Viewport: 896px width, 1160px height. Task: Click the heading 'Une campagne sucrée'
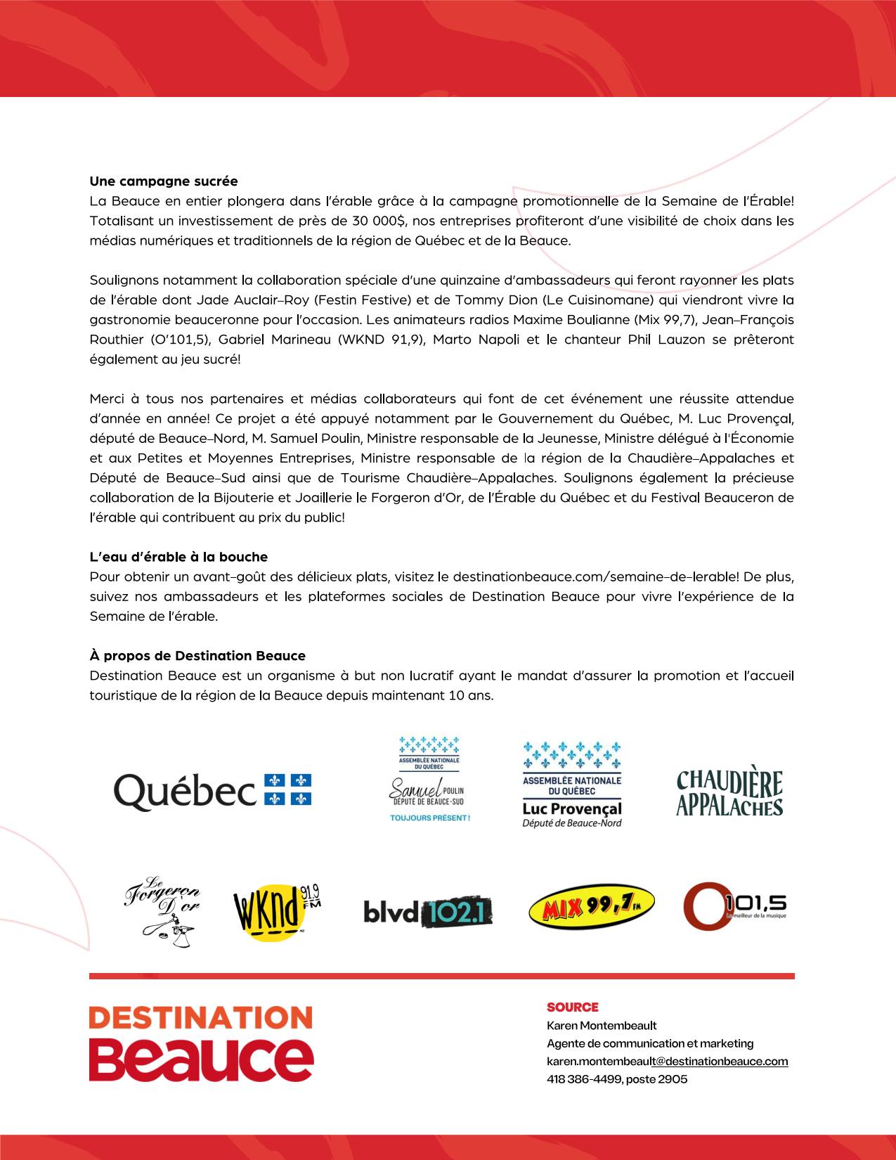[163, 181]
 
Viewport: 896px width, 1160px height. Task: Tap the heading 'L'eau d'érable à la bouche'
[178, 557]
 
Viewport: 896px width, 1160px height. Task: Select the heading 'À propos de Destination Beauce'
[197, 656]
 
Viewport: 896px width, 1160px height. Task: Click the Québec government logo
[212, 790]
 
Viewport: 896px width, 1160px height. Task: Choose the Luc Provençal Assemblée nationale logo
[572, 784]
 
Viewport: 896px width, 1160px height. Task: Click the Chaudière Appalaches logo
[729, 793]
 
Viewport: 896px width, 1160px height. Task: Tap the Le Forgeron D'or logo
[162, 910]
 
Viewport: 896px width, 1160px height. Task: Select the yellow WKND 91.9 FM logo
[275, 912]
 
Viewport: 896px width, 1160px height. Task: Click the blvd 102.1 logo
[427, 912]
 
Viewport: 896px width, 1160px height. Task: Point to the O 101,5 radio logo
[734, 906]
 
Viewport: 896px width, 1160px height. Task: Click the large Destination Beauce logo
[201, 1043]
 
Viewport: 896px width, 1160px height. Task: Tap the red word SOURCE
[573, 1007]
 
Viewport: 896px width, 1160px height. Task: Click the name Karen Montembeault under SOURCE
[602, 1025]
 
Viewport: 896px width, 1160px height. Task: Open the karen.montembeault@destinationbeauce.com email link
[667, 1061]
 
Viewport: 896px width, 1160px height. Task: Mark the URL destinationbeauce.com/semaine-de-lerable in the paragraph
[595, 577]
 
